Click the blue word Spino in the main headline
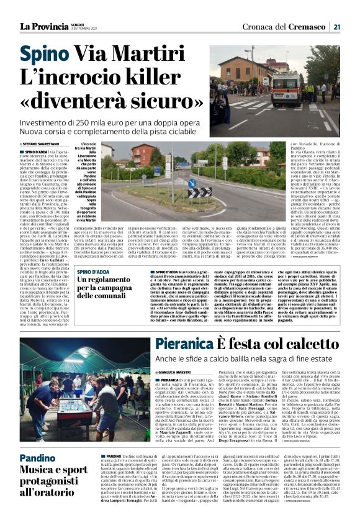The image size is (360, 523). (45, 55)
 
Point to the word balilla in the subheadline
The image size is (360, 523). (238, 358)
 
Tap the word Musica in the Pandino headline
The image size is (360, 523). (34, 471)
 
